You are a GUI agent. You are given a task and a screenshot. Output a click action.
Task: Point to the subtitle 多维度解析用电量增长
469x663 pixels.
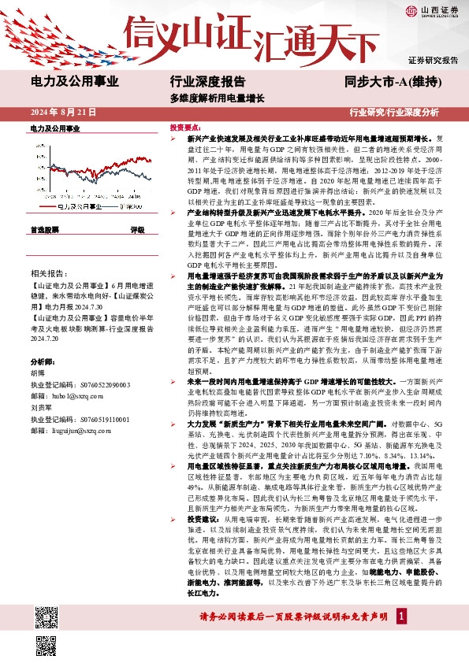coord(217,99)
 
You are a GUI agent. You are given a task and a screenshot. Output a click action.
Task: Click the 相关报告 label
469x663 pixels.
coord(47,269)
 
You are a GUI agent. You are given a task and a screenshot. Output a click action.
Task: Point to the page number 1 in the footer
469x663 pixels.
coord(402,635)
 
